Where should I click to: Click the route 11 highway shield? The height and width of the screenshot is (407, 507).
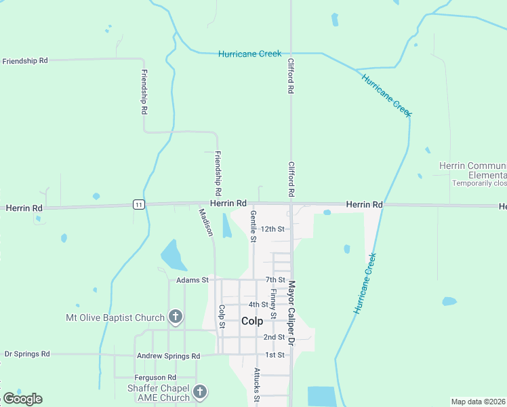138,205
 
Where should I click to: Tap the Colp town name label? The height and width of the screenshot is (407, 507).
251,321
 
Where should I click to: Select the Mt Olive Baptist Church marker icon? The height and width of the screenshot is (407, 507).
175,317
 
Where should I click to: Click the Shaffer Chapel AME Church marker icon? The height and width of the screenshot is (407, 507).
199,391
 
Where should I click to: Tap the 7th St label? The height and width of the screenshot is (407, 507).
275,279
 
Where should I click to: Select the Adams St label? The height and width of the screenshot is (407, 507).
190,279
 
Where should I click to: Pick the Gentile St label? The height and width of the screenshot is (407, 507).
253,226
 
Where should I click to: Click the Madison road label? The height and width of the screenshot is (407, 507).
206,222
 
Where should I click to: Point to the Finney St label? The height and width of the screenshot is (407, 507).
273,304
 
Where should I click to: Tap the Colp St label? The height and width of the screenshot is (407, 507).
222,319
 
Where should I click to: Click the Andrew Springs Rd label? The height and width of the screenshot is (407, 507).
168,355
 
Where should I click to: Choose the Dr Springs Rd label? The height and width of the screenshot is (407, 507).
27,354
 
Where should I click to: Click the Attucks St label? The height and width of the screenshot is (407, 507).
257,383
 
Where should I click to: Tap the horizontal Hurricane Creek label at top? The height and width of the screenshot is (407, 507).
249,54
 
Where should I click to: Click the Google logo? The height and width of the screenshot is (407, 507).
22,399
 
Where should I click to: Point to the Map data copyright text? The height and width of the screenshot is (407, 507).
479,402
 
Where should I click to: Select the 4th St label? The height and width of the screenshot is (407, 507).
258,305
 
